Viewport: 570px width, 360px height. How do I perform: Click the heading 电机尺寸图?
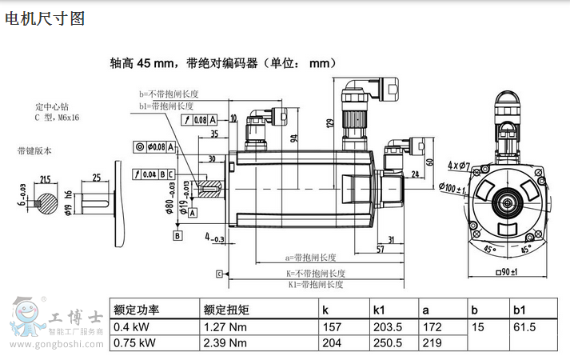pos(45,18)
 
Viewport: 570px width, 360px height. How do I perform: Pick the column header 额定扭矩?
pos(226,310)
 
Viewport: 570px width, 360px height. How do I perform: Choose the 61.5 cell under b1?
pos(524,327)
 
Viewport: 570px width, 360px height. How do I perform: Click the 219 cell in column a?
pos(432,343)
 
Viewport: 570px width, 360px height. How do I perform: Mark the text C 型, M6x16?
pos(57,118)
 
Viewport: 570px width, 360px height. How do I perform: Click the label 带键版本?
pos(34,150)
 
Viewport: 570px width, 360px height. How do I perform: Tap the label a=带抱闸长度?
pos(310,258)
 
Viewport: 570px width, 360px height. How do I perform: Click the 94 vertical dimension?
pos(294,138)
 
